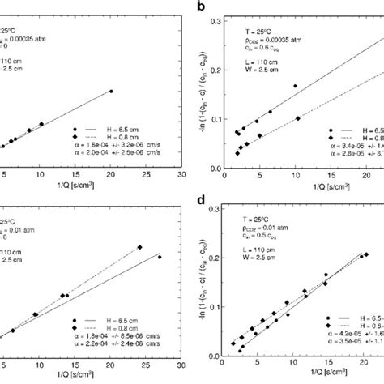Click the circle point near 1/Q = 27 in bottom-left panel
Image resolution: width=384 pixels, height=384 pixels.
[x=159, y=257]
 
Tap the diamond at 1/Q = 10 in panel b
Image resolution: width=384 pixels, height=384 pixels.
[x=297, y=118]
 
